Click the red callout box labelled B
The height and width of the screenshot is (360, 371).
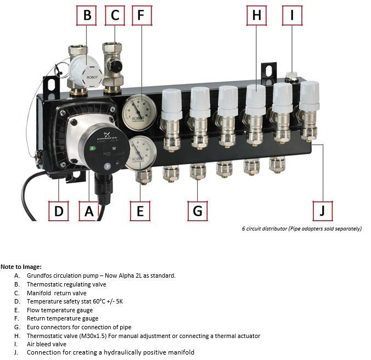point(87,15)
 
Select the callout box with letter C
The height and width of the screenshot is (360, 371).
point(115,15)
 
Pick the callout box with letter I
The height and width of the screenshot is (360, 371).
point(292,15)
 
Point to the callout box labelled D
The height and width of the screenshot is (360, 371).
point(58,211)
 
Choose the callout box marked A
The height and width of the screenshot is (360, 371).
point(89,211)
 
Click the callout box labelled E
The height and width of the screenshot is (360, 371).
point(140,211)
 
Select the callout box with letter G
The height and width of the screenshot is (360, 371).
point(198,211)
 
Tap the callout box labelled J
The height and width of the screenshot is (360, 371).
point(323,211)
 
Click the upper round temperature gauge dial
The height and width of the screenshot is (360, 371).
point(136,108)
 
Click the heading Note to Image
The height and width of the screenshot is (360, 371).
point(21,267)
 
